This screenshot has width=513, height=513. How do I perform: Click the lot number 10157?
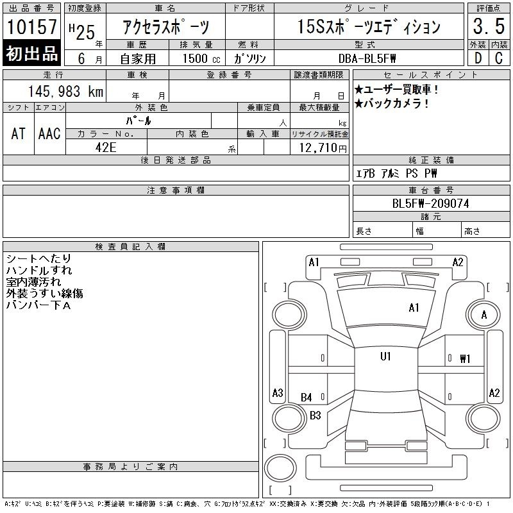tap(31, 26)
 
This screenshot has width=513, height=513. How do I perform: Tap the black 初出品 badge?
tap(31, 53)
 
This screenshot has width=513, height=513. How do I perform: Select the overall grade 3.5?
tap(489, 26)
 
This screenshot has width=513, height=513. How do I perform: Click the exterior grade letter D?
tap(478, 58)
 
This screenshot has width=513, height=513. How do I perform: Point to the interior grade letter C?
tap(499, 58)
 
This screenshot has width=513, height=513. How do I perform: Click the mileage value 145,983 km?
tap(65, 91)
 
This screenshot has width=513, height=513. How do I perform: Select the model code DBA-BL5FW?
tap(367, 58)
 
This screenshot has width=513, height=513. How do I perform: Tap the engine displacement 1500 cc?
tap(201, 58)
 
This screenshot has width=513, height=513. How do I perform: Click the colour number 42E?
tap(106, 147)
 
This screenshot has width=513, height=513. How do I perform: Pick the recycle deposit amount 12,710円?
tap(323, 147)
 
